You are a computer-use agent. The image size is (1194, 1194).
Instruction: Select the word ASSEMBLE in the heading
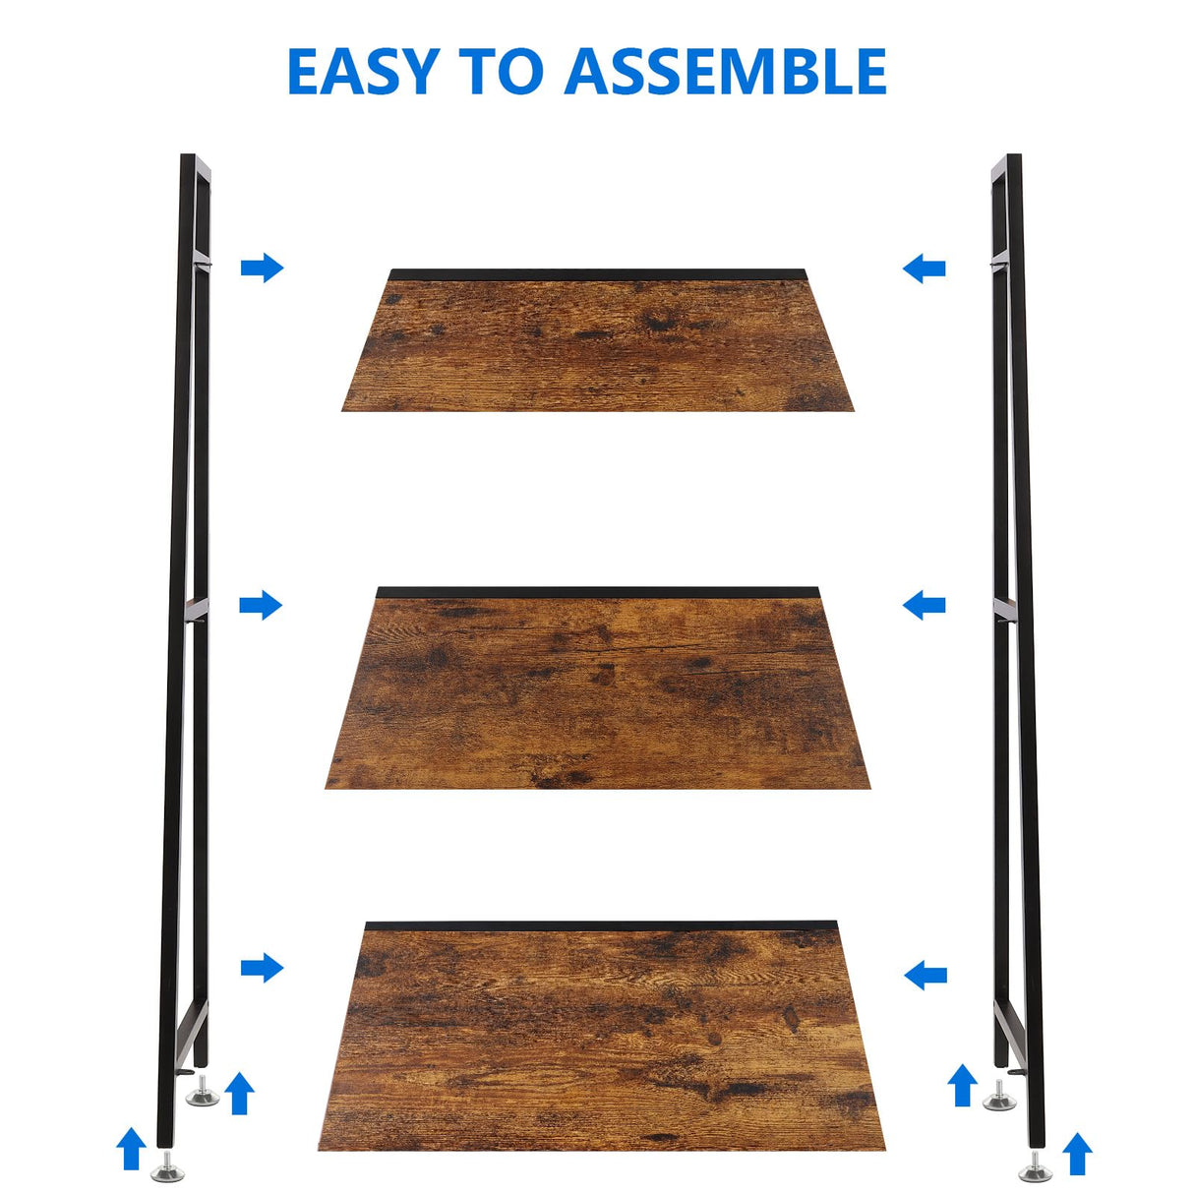tap(725, 72)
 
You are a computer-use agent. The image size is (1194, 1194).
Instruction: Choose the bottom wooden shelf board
tap(600, 1038)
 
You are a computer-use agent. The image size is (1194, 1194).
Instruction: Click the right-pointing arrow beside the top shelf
tap(262, 267)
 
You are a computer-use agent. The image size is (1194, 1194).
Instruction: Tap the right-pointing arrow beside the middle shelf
tap(261, 605)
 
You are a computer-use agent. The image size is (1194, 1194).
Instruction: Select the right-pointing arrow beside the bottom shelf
tap(262, 968)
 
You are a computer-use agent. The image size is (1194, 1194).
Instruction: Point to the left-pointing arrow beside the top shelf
tap(924, 268)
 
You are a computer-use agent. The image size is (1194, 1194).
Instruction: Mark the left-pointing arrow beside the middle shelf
tap(924, 605)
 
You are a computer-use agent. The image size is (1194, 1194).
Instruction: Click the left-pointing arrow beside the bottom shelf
tap(925, 975)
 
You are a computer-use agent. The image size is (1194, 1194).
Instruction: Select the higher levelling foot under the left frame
tap(204, 1094)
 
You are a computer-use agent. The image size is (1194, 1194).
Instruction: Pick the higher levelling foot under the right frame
tap(999, 1098)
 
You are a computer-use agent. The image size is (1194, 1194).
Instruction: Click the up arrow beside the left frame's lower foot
tap(131, 1149)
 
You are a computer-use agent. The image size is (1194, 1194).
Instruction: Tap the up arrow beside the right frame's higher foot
tap(962, 1085)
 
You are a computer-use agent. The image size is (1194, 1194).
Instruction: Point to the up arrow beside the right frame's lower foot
tap(1078, 1154)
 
